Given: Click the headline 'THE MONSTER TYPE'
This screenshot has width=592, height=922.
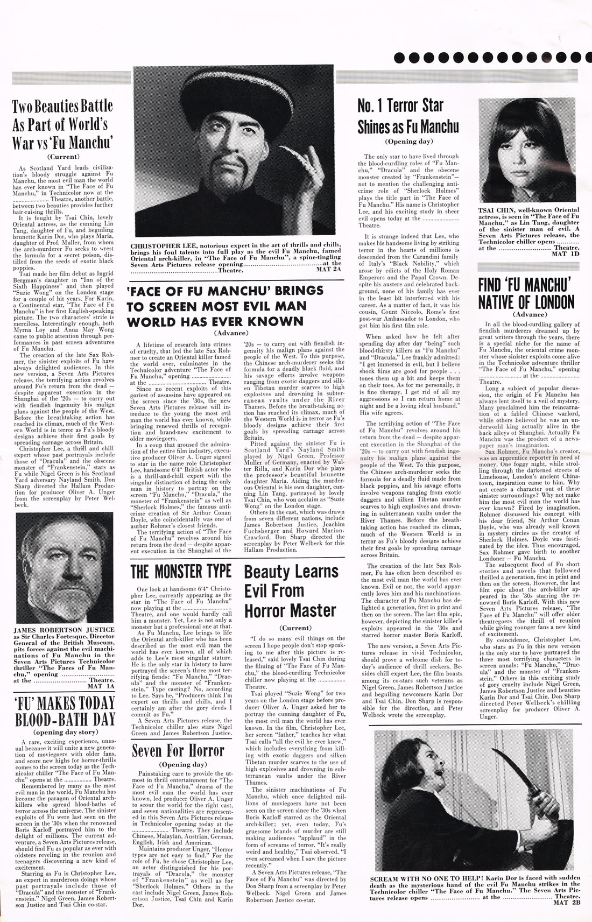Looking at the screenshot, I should coord(181,572).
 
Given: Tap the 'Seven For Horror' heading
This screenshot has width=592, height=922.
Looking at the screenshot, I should coord(178,750).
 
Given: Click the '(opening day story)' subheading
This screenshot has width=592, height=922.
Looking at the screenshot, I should coord(65,732).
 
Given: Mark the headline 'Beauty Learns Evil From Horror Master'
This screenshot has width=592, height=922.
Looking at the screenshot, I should coord(291,591).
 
